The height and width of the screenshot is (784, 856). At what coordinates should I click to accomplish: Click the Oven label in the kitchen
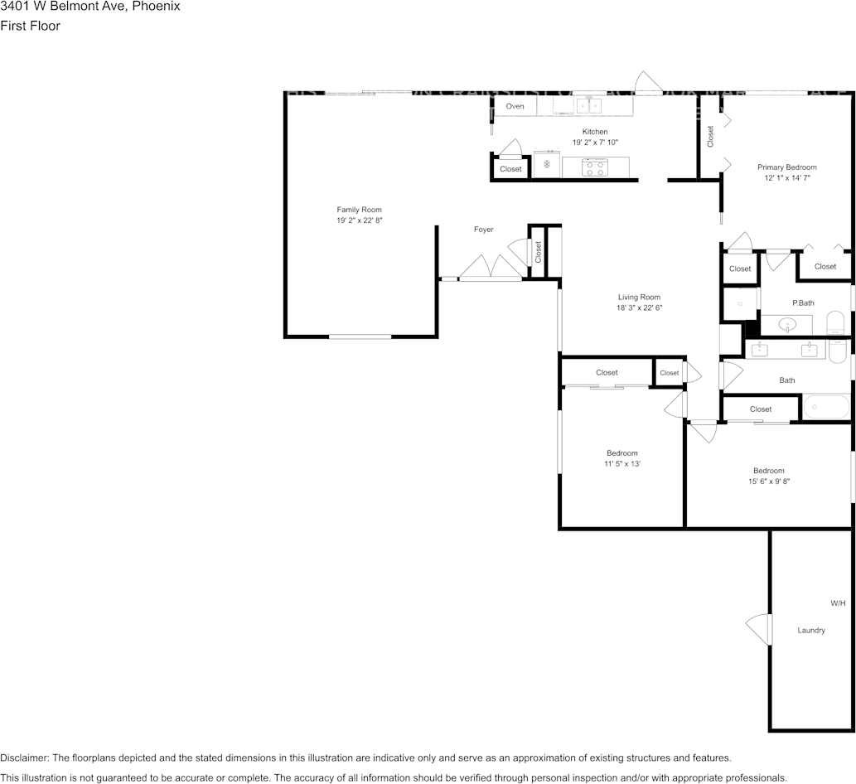[515, 106]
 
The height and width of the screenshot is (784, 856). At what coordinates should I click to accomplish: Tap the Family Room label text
[359, 210]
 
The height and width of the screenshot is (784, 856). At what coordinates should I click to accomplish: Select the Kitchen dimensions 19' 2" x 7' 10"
[595, 143]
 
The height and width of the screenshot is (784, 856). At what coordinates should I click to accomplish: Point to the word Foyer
[483, 230]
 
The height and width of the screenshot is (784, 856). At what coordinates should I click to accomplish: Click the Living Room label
[639, 297]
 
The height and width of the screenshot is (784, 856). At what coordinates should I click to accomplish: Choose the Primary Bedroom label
[786, 167]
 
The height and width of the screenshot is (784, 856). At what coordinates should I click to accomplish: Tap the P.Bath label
[803, 303]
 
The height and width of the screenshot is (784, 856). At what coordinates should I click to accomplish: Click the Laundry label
[810, 630]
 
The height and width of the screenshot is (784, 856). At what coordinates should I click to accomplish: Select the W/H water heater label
[838, 603]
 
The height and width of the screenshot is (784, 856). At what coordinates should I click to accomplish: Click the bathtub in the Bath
[826, 408]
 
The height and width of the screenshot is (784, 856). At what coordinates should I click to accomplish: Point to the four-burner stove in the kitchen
[594, 167]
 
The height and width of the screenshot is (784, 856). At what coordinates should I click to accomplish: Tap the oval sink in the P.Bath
[786, 325]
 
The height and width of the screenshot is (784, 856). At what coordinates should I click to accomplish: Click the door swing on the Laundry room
[758, 629]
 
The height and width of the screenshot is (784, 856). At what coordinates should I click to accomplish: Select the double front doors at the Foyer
[491, 268]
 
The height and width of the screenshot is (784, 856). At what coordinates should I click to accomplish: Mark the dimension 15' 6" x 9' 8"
[768, 482]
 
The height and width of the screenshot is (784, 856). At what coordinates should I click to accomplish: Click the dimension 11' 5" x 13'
[621, 464]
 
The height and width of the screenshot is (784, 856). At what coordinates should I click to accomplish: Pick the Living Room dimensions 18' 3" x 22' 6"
[639, 307]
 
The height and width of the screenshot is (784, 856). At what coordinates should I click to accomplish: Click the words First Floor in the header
[30, 26]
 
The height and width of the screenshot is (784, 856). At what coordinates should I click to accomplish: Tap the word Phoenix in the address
[157, 7]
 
